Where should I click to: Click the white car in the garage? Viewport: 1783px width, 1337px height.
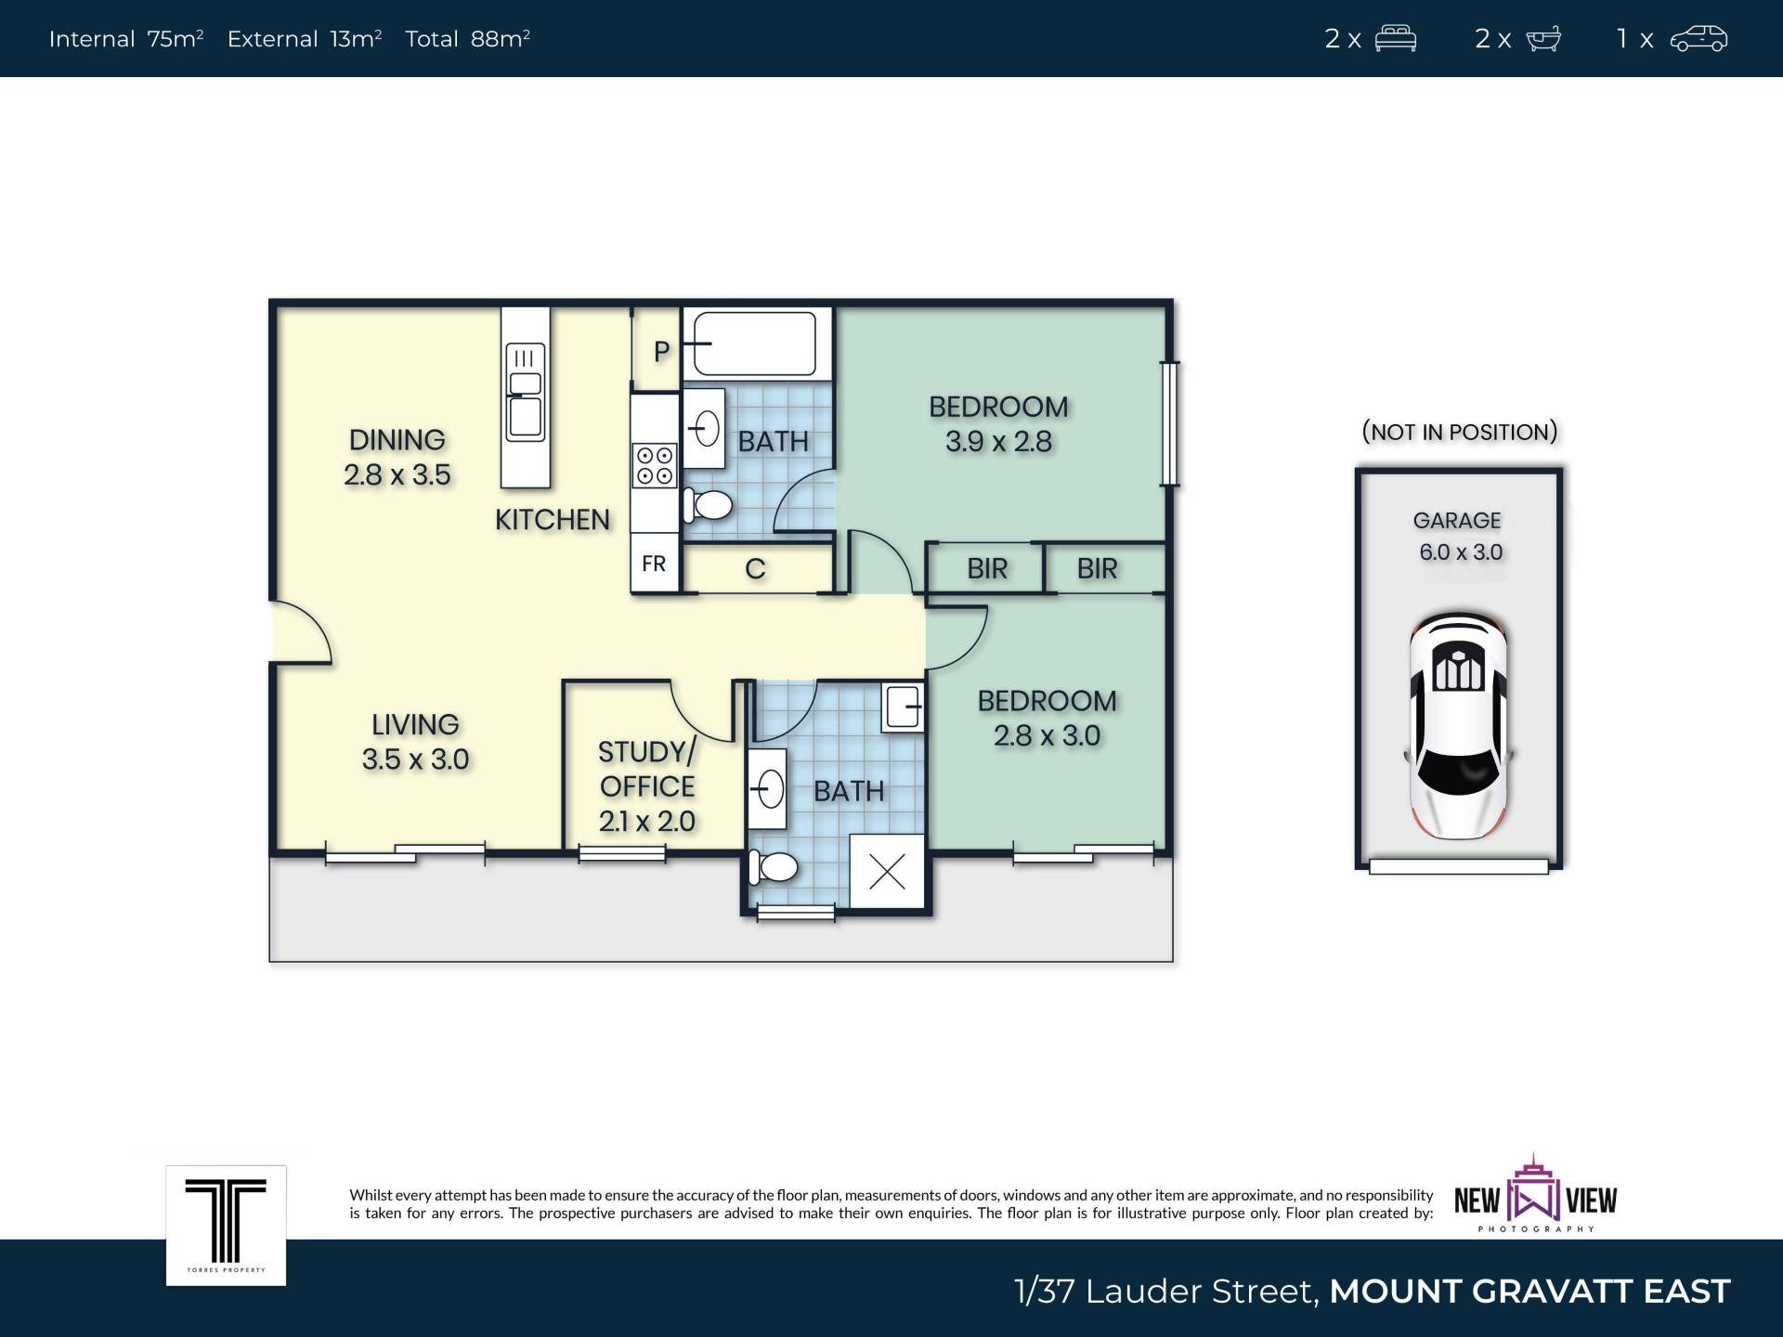(x=1459, y=725)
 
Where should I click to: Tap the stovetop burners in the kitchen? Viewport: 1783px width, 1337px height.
(x=655, y=465)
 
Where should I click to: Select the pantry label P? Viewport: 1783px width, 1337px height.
(x=661, y=352)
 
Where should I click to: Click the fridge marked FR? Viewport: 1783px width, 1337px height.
(x=654, y=563)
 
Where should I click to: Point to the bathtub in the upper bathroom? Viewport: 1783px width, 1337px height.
(x=756, y=344)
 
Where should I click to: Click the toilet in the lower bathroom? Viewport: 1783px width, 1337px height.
(x=774, y=867)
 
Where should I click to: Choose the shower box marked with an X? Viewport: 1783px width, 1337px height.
(x=887, y=871)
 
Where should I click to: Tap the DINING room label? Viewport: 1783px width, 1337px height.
(x=397, y=439)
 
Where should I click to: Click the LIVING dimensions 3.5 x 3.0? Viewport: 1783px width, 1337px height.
(x=415, y=759)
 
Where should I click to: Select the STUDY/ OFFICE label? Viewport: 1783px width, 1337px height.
(x=646, y=769)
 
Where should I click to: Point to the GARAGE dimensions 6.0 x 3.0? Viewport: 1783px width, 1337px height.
(x=1460, y=552)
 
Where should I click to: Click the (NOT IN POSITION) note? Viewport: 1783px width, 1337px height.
(x=1459, y=432)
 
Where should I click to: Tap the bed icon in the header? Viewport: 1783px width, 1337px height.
(x=1395, y=38)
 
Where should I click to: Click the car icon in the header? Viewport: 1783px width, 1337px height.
(x=1698, y=38)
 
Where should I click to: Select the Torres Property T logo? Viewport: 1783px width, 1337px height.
(x=226, y=1226)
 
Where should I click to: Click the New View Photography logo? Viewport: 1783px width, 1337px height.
(x=1535, y=1194)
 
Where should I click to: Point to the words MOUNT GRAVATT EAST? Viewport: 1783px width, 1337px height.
(x=1529, y=1291)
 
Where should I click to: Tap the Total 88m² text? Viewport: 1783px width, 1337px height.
(x=467, y=38)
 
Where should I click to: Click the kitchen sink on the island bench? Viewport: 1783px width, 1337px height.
(x=525, y=392)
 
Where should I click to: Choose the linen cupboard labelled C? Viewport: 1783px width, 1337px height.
(x=755, y=568)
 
